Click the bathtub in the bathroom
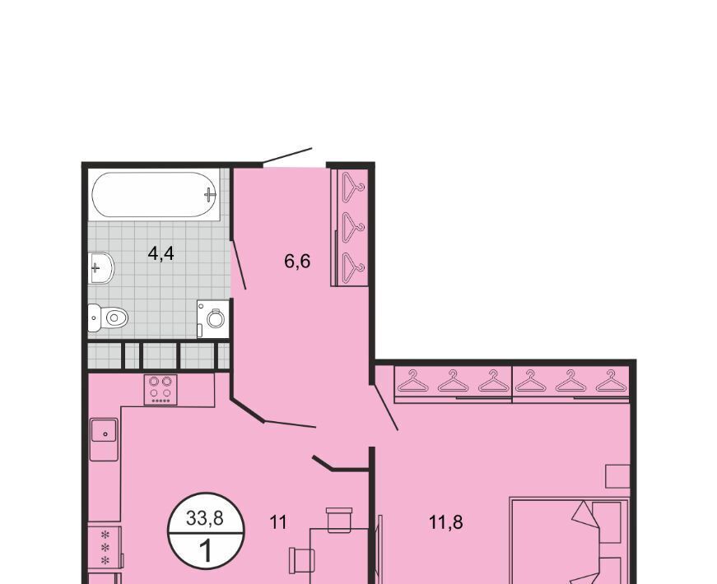[x=155, y=195]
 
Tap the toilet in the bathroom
[x=108, y=317]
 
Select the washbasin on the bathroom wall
[x=100, y=268]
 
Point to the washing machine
[x=213, y=318]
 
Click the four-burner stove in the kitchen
[x=161, y=390]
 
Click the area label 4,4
[x=161, y=253]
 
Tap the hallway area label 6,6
[x=297, y=261]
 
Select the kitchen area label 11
[x=278, y=521]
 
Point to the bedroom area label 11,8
[x=446, y=521]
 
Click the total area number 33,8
[x=204, y=517]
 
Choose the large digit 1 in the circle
[x=207, y=550]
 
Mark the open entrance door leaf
[x=287, y=155]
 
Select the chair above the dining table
[x=339, y=520]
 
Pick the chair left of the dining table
[x=302, y=560]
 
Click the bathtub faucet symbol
[x=210, y=194]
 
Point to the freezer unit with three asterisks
[x=105, y=547]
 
